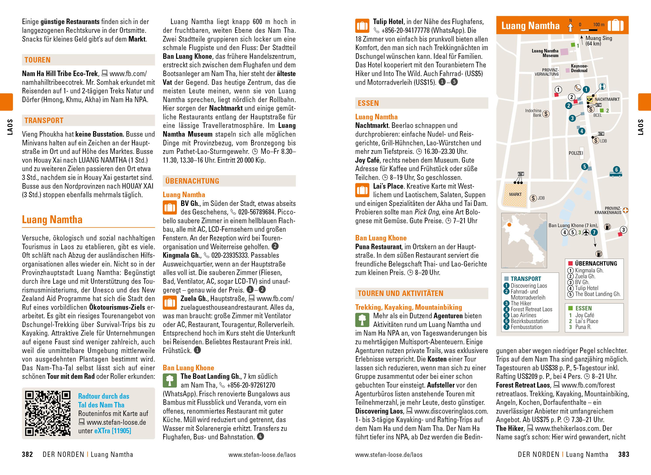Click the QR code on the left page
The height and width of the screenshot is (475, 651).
(47, 413)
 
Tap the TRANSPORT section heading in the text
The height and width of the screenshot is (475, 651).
(44, 120)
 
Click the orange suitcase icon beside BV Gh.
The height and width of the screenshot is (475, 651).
(170, 208)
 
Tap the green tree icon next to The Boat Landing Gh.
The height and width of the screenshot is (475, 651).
(170, 380)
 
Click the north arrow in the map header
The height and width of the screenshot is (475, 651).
(570, 26)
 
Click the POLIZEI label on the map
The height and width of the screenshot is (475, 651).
(576, 153)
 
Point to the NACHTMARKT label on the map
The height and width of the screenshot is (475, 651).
(607, 99)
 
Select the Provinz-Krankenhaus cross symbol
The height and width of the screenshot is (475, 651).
(625, 210)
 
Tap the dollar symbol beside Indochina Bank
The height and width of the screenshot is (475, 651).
(545, 114)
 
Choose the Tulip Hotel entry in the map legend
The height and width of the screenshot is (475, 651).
(586, 288)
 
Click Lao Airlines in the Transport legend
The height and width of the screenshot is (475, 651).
(523, 315)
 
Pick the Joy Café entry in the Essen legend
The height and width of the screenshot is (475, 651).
(584, 315)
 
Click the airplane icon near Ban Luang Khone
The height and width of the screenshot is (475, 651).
(586, 232)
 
